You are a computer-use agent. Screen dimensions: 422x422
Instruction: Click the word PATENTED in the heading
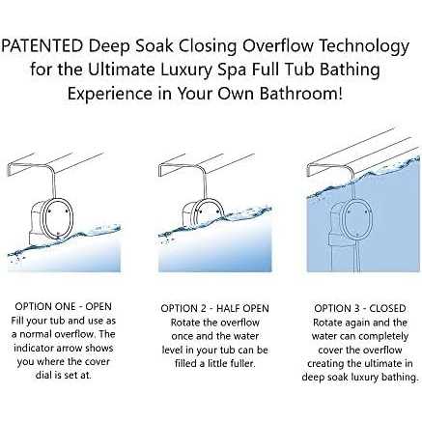42,45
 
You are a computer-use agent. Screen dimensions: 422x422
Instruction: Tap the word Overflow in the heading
277,45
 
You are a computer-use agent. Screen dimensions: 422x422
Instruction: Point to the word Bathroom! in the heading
301,94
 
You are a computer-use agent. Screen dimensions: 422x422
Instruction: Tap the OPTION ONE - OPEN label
63,306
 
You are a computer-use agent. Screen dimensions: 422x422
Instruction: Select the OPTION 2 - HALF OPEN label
214,308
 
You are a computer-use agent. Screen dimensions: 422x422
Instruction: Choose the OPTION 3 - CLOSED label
360,308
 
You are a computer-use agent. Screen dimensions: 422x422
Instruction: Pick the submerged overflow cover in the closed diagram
356,220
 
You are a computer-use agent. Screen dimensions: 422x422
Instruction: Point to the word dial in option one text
43,375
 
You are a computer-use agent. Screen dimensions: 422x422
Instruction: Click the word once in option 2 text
183,336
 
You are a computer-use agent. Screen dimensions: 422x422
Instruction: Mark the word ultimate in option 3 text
375,363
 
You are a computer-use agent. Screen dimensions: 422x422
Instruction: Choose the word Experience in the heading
109,95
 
